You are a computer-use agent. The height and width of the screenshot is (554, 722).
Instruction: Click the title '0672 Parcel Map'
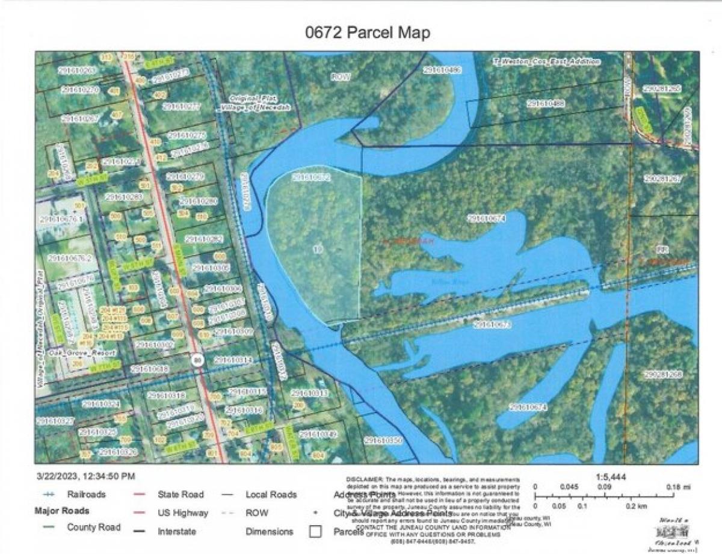367,32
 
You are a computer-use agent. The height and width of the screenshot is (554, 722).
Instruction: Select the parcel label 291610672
311,177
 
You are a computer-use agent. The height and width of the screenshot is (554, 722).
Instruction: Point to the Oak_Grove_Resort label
75,352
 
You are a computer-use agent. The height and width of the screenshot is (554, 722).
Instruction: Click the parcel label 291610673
492,325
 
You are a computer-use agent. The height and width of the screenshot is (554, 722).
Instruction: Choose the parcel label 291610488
546,103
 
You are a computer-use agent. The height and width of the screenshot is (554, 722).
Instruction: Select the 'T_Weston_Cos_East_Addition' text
547,61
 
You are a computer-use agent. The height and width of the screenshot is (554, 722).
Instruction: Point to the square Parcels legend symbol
314,532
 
